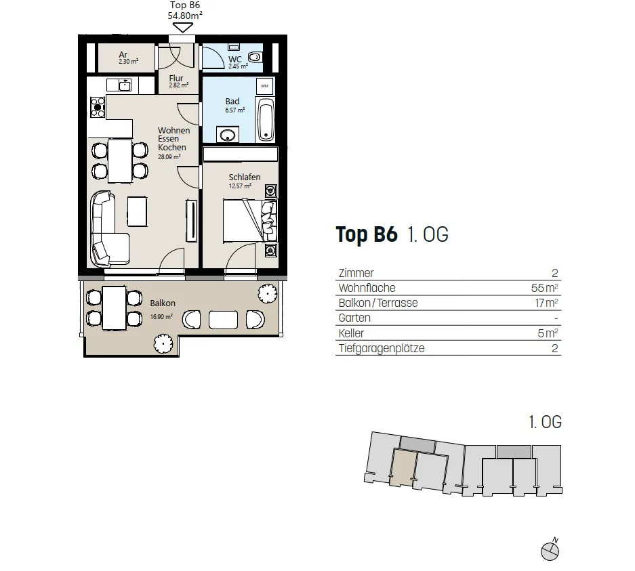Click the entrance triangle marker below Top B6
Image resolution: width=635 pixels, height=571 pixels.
[183, 28]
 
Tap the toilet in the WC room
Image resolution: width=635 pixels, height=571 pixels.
[255, 57]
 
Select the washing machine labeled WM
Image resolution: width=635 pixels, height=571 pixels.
[264, 86]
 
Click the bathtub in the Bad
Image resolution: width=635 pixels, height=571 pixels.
[266, 119]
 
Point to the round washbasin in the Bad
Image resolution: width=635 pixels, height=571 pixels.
[228, 135]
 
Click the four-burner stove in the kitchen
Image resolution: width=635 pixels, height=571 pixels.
[98, 107]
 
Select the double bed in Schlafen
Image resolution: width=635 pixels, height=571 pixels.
[250, 221]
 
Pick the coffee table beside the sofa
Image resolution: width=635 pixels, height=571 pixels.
[138, 211]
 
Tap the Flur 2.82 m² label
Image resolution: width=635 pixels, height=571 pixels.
[178, 81]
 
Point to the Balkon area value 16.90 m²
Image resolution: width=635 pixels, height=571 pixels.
[161, 317]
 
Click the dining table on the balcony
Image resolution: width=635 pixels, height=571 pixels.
[115, 308]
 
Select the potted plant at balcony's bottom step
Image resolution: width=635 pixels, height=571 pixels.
[163, 343]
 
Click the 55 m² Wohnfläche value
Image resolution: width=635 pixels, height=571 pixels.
[545, 288]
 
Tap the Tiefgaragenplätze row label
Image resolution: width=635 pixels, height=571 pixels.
[382, 348]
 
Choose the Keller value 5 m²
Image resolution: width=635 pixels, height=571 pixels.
[548, 333]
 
